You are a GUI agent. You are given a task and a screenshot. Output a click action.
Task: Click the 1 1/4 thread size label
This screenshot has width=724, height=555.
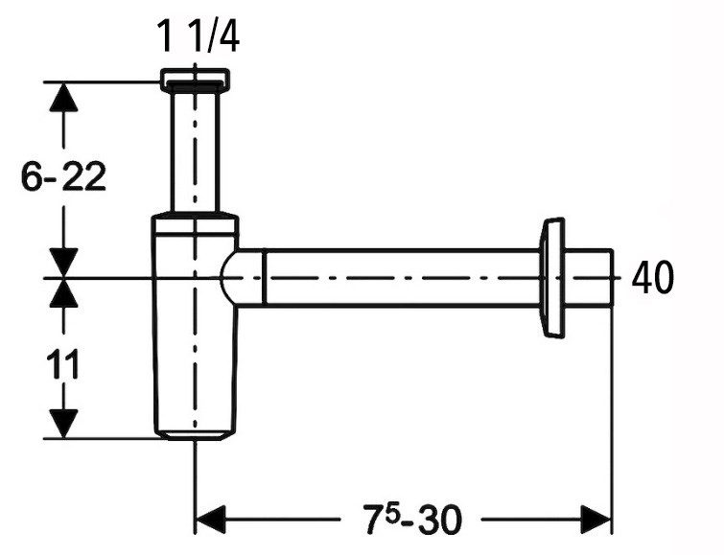(199, 35)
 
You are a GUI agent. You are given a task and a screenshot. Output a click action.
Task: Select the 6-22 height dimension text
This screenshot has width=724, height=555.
(63, 176)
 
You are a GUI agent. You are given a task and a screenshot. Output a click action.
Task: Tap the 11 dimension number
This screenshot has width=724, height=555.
(63, 364)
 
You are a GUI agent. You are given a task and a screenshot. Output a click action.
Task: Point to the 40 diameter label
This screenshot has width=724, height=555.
(652, 278)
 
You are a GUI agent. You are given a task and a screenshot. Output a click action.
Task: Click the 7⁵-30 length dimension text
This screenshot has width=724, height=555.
(412, 519)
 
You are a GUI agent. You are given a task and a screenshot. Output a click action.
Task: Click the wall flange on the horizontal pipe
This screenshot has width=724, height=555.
(551, 278)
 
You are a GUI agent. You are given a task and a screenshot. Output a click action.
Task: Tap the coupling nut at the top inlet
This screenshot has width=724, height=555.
(195, 80)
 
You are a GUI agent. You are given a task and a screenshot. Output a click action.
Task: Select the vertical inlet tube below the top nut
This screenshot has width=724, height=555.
(195, 151)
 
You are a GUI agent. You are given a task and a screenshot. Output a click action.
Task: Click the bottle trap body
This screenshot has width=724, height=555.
(195, 333)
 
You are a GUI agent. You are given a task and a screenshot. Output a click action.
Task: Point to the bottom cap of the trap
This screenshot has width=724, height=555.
(195, 435)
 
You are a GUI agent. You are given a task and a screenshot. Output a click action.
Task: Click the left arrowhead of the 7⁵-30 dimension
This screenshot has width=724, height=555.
(211, 519)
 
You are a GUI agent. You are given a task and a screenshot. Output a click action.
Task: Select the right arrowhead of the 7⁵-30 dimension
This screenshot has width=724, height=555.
(596, 519)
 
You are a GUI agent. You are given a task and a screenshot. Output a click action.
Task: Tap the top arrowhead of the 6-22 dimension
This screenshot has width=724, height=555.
(63, 97)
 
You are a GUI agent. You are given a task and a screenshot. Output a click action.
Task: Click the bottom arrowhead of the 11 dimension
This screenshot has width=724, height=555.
(63, 424)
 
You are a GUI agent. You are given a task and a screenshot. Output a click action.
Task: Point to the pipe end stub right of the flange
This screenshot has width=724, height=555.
(589, 278)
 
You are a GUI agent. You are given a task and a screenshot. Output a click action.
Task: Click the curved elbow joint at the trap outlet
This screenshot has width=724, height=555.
(243, 278)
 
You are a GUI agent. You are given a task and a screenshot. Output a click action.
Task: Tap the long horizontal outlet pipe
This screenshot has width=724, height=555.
(402, 278)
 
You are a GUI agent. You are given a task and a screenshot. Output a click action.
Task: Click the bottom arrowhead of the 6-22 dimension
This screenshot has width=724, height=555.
(63, 264)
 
